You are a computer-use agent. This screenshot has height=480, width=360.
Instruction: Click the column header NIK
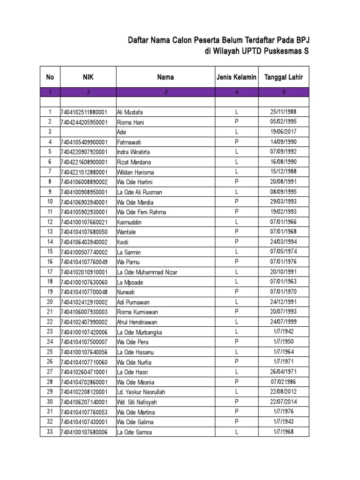coord(88,77)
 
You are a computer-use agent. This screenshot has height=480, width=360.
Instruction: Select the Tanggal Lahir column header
coord(284,77)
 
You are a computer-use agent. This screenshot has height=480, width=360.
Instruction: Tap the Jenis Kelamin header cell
coord(236,77)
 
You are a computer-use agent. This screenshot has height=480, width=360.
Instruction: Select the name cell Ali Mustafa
coord(130,112)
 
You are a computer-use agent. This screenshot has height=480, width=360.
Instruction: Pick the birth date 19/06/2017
coord(283,132)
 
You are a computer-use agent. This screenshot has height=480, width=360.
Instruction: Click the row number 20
coord(50,302)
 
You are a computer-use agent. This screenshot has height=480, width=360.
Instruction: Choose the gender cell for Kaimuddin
coord(237,222)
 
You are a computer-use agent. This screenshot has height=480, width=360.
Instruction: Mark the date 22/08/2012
coord(283,391)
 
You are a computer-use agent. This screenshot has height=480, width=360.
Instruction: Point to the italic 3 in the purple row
coord(165,92)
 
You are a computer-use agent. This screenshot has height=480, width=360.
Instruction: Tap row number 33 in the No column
coord(50,432)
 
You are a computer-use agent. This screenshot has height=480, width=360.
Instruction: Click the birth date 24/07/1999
coord(283,322)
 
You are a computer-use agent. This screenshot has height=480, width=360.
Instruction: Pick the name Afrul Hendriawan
coord(138,322)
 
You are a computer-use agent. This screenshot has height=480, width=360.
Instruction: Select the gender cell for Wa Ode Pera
coord(237,342)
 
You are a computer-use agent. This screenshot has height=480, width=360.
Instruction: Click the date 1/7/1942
coord(283,331)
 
